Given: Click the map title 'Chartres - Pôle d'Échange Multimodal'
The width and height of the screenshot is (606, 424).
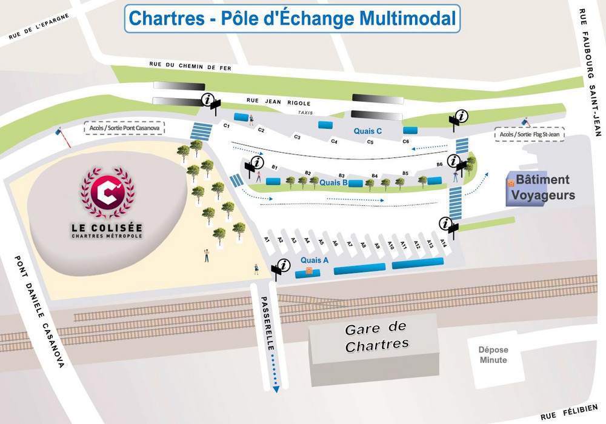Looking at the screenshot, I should pos(293,18).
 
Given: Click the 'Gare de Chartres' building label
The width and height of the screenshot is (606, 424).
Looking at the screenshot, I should pos(376,337).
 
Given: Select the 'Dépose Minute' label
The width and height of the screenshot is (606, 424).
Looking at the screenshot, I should pos(493,355).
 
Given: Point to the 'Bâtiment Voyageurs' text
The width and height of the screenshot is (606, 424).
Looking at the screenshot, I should pos(543,187).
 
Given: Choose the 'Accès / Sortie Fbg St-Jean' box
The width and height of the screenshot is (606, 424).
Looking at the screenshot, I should pos(529,134).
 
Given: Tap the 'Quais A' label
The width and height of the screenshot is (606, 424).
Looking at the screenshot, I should pos(315,260).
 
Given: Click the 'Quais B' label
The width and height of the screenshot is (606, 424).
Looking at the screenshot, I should pos(333,182).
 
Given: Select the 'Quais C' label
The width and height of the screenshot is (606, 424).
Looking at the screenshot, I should pos(368,130).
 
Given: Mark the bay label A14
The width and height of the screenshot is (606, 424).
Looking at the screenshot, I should pos(444,243).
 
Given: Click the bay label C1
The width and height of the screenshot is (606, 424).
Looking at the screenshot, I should pos(227,125).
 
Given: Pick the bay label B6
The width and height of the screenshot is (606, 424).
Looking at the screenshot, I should pos(439,164).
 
